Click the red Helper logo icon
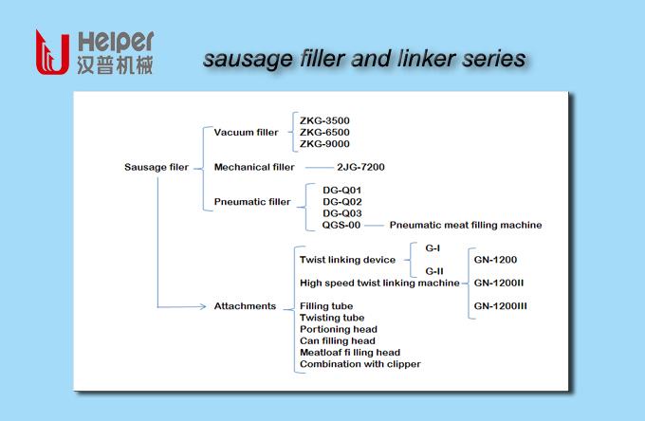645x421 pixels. point(51,53)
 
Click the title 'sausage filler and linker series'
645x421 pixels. point(364,59)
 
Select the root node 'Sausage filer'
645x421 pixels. point(157,167)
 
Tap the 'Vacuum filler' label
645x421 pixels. point(247,133)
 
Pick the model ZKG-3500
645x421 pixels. point(324,121)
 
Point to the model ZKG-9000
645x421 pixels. point(324,144)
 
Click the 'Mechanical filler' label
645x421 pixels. point(254,167)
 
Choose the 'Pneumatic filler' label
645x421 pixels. point(252,202)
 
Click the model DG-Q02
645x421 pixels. point(341,202)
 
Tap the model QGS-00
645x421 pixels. point(341,225)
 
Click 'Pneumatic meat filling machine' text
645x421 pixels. point(466,225)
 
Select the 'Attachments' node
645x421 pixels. point(245,306)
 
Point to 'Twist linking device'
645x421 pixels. point(347,260)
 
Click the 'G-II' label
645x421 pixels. point(434,272)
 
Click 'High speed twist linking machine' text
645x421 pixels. point(379,283)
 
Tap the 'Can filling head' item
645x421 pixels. point(338,341)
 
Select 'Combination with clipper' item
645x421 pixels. point(360,364)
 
